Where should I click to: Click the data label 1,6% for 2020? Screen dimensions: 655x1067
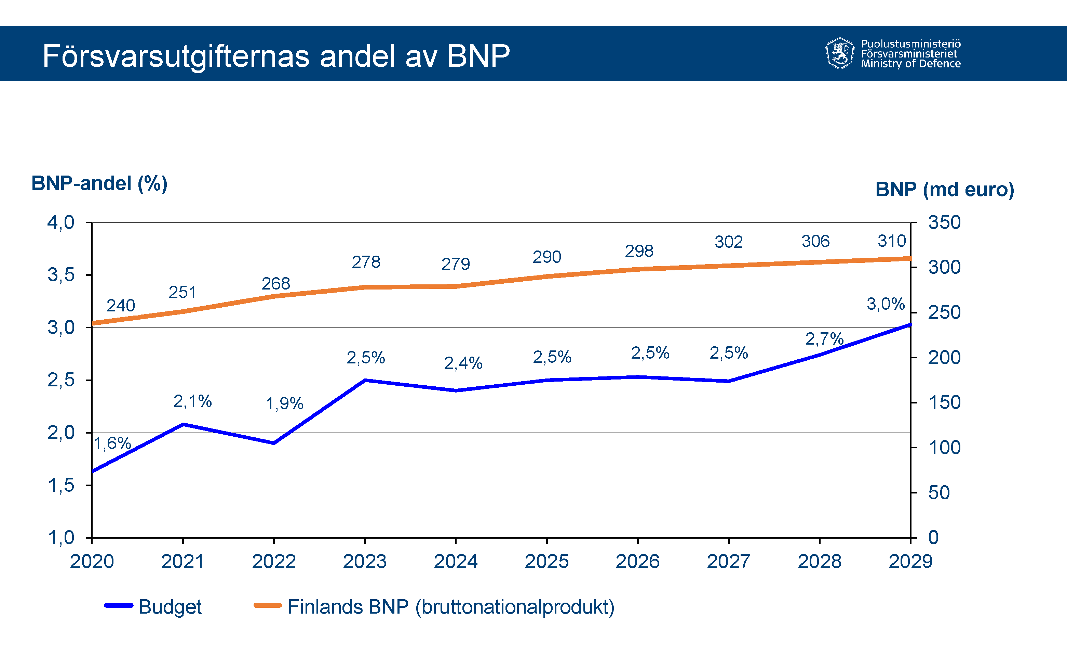[112, 444]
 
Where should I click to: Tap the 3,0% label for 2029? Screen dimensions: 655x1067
[886, 304]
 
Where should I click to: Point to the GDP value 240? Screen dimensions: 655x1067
[121, 306]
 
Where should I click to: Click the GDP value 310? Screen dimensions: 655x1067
[892, 241]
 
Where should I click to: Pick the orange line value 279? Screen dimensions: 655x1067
[456, 264]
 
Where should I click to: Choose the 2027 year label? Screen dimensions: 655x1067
[728, 562]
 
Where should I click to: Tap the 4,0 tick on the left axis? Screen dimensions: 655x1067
[60, 222]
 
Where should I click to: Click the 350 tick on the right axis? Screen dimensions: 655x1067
[944, 222]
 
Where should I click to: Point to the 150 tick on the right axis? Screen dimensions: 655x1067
[944, 403]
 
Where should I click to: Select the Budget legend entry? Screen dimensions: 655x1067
[170, 607]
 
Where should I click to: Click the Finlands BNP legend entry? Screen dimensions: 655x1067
[450, 607]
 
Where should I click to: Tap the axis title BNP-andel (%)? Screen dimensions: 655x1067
[99, 183]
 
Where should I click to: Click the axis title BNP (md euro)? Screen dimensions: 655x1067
[944, 190]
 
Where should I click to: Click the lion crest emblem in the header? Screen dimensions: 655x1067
[840, 53]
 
